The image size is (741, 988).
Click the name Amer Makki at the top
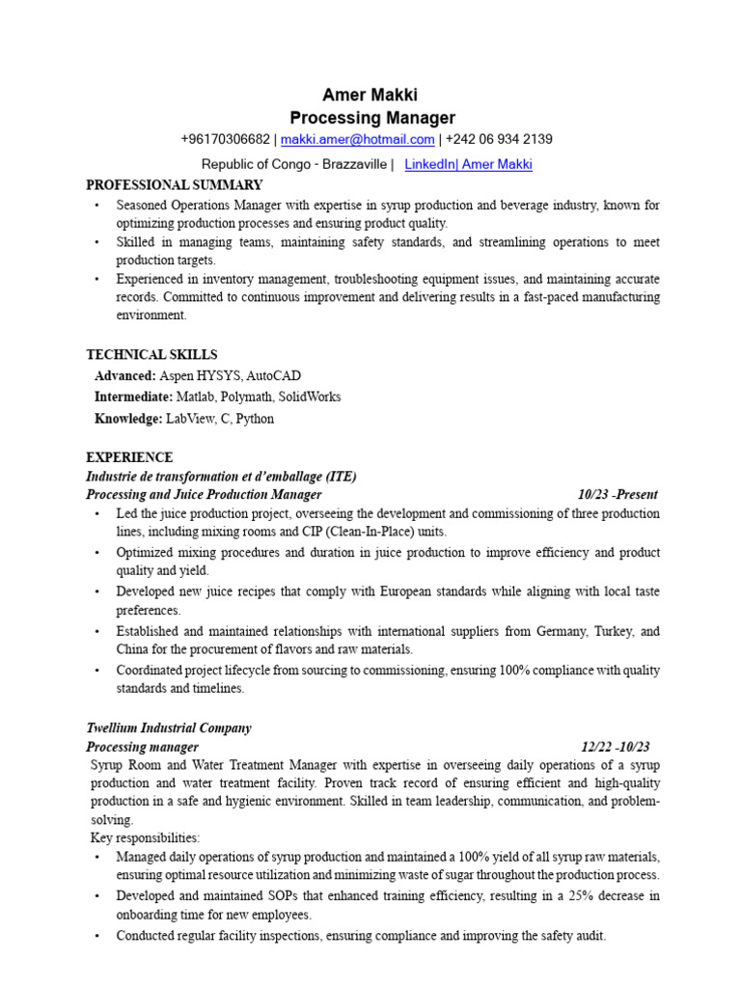click(x=370, y=95)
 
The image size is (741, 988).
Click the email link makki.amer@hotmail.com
click(x=357, y=140)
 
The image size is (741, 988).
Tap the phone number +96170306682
click(x=225, y=140)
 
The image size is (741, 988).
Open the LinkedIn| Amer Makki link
click(x=468, y=165)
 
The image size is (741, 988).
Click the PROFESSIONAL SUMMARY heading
click(x=175, y=185)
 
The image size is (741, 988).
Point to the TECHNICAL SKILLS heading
click(x=151, y=355)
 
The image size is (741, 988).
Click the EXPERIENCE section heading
click(x=130, y=457)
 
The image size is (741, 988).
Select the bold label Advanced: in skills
click(x=124, y=375)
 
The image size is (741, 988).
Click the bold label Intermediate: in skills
click(x=133, y=397)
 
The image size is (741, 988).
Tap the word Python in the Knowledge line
click(x=255, y=419)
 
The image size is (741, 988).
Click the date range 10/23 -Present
click(x=617, y=495)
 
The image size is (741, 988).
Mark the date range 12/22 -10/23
click(x=616, y=747)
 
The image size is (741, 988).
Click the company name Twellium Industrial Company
click(x=169, y=728)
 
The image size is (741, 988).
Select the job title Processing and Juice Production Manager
click(x=205, y=495)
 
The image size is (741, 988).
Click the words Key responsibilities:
click(x=145, y=837)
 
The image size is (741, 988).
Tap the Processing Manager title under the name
click(x=372, y=118)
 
